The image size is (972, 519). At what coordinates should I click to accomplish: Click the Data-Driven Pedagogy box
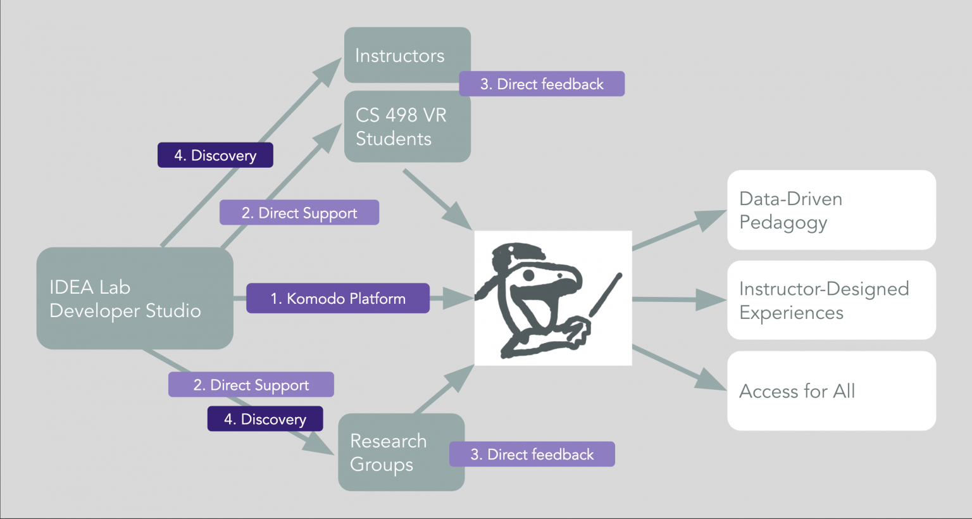click(x=832, y=210)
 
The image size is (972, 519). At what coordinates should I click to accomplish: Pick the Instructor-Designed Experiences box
click(x=832, y=300)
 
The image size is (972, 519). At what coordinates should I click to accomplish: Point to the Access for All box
click(x=832, y=391)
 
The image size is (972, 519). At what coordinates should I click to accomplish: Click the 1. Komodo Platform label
click(x=338, y=298)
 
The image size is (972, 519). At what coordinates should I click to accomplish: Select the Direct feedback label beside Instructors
click(x=542, y=84)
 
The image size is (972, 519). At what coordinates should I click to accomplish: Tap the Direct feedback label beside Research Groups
click(x=532, y=454)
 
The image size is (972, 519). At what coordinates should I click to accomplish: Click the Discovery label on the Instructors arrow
click(x=215, y=155)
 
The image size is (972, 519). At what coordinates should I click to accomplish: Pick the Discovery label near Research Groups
click(x=265, y=419)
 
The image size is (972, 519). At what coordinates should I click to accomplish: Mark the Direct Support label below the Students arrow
click(x=299, y=213)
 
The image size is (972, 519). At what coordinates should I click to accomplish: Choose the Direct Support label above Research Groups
click(x=251, y=385)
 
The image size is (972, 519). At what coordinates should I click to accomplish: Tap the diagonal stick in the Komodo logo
click(x=606, y=295)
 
